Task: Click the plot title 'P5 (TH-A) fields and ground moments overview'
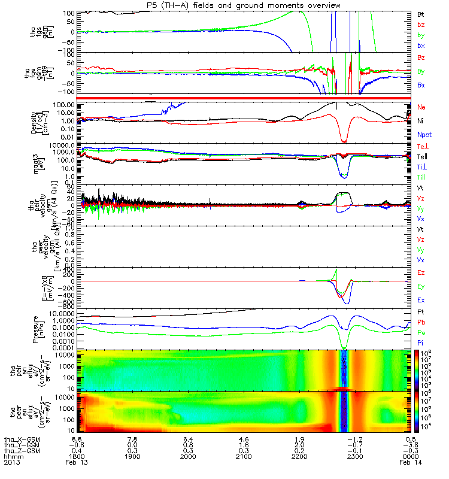244,5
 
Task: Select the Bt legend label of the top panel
421,13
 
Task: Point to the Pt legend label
421,313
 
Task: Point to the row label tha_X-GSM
22,439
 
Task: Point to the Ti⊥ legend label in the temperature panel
422,166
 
